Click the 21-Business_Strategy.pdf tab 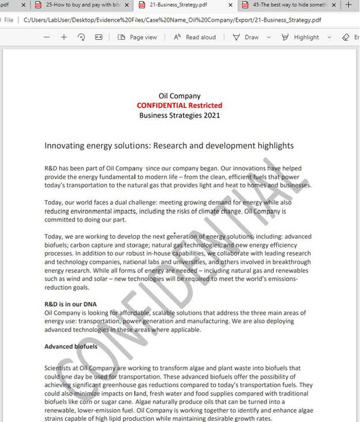[x=179, y=5]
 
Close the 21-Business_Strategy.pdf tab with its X [x=229, y=5]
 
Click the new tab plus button [x=348, y=5]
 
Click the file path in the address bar [x=173, y=20]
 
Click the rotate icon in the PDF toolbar [x=81, y=37]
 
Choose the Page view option [x=137, y=37]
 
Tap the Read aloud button [x=194, y=37]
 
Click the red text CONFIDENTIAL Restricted [x=179, y=105]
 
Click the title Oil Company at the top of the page [x=179, y=96]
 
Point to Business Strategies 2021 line [x=179, y=115]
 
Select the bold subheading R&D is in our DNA [x=70, y=304]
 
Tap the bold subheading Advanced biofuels [x=71, y=346]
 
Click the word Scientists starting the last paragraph [x=61, y=368]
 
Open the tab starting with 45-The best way [x=288, y=5]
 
